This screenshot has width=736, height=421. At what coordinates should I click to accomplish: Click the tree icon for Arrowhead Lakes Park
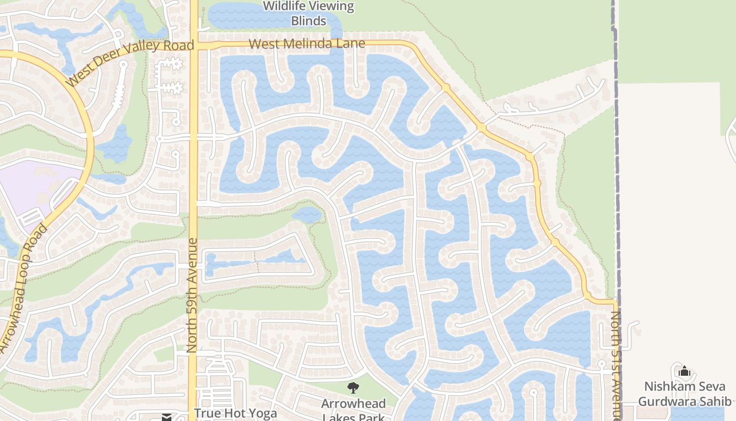pyautogui.click(x=354, y=388)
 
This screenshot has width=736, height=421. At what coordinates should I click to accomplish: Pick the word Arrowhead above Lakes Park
pyautogui.click(x=354, y=404)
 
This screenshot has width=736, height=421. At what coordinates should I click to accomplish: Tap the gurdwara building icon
pyautogui.click(x=684, y=372)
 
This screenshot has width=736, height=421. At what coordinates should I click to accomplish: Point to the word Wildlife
pyautogui.click(x=285, y=7)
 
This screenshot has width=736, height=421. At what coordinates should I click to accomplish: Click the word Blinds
pyautogui.click(x=309, y=21)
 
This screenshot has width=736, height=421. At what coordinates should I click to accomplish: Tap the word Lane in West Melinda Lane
pyautogui.click(x=351, y=43)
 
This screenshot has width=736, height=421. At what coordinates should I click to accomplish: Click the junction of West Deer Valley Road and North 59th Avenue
pyautogui.click(x=193, y=46)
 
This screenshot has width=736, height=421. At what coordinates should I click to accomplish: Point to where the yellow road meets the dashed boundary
pyautogui.click(x=615, y=302)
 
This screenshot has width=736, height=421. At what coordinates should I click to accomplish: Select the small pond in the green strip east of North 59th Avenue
pyautogui.click(x=307, y=214)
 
